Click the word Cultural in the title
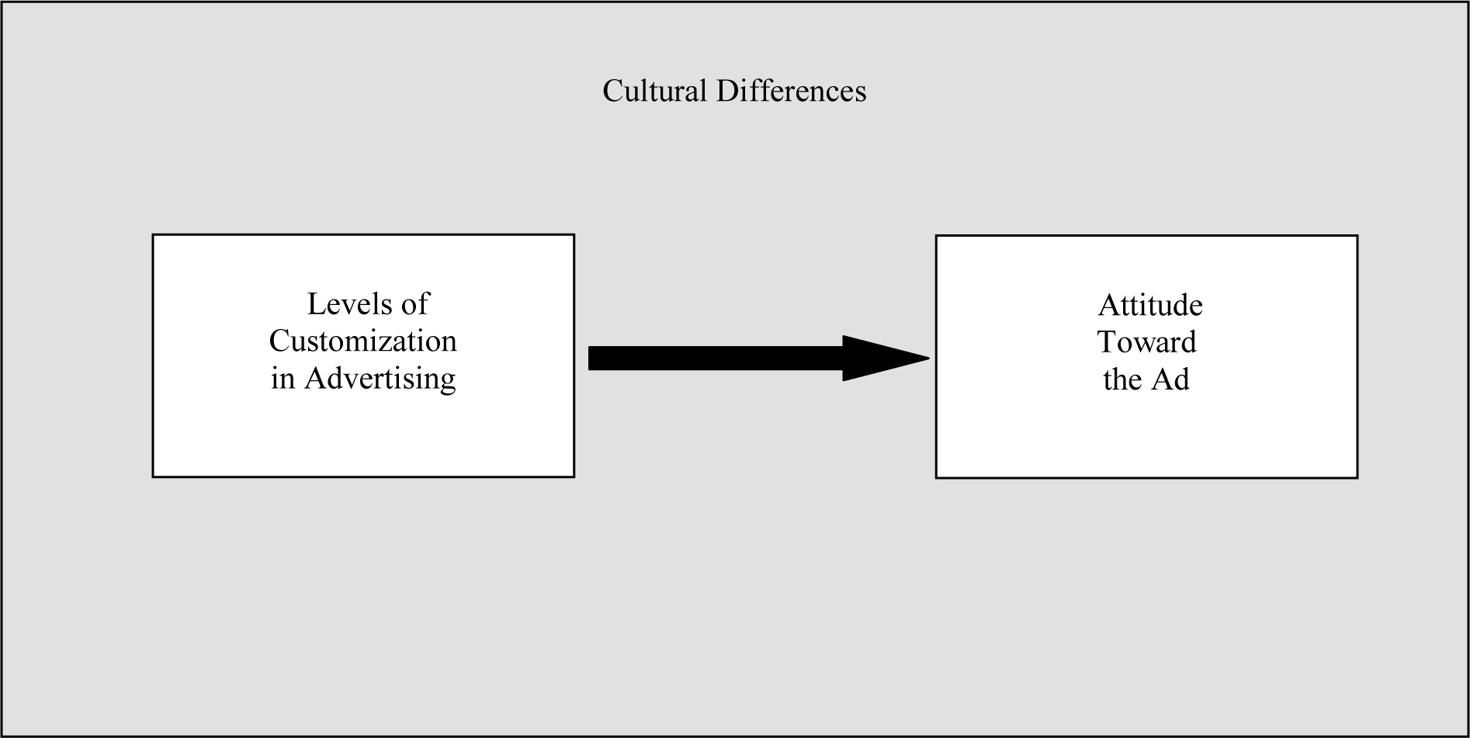click(x=654, y=91)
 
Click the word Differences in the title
click(x=791, y=91)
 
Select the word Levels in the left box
click(x=346, y=303)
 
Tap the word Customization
click(x=362, y=341)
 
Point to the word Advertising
click(x=380, y=379)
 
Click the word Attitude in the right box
click(x=1150, y=305)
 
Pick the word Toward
click(x=1147, y=342)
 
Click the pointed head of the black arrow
click(x=928, y=358)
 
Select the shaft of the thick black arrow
click(x=716, y=358)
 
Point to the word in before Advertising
click(x=283, y=379)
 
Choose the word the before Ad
click(x=1122, y=379)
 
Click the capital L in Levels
click(x=316, y=303)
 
